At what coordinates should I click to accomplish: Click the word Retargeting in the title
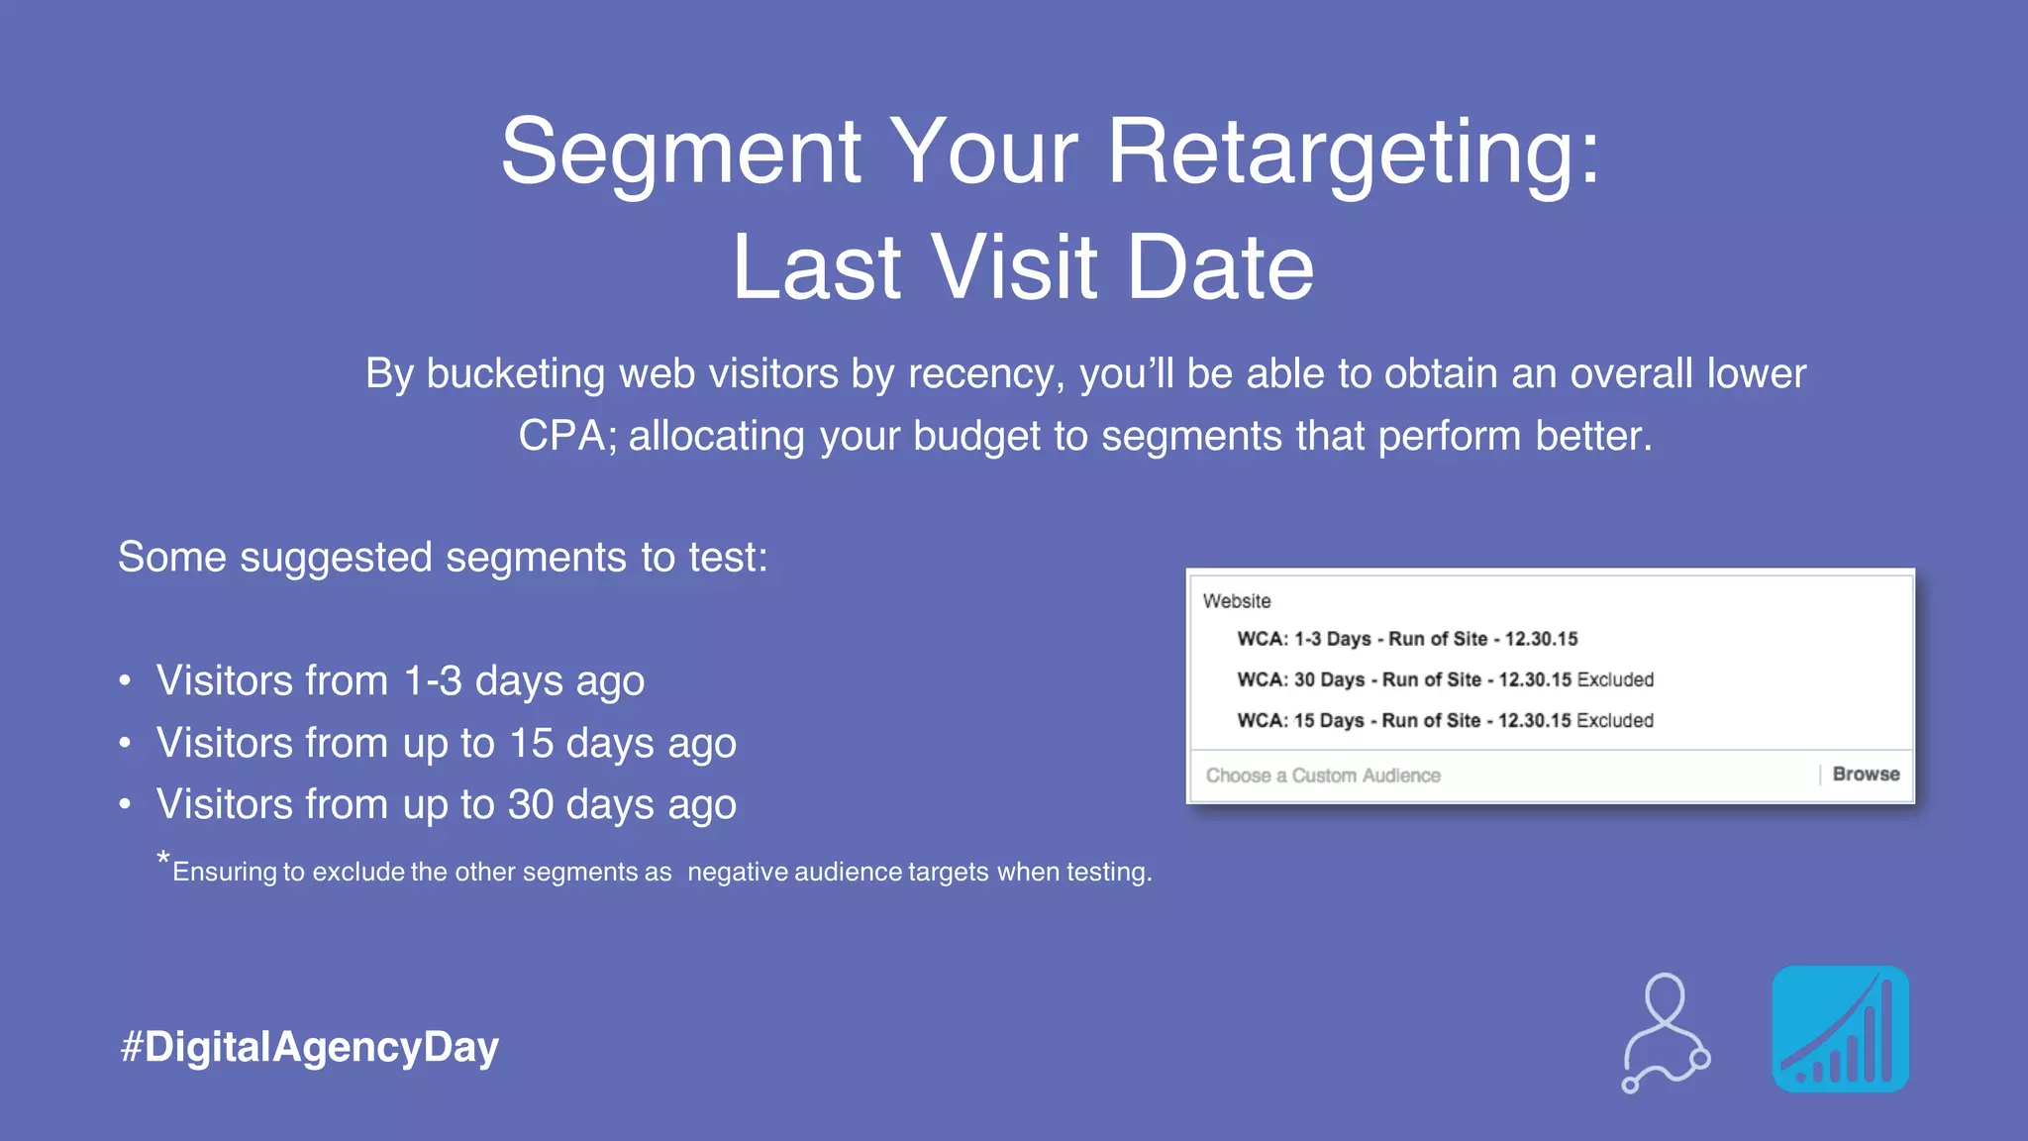[x=1353, y=154]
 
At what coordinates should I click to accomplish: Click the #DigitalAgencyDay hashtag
[x=309, y=1047]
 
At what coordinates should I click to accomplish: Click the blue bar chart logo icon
[x=1840, y=1029]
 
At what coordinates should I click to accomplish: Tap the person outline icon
[x=1666, y=1032]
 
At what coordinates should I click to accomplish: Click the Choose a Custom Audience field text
[x=1323, y=776]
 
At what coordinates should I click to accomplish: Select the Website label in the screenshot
[x=1237, y=601]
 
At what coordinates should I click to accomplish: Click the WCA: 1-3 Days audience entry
[x=1406, y=639]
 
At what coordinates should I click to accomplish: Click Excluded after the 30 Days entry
[x=1615, y=679]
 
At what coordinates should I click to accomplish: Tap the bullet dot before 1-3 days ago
[x=125, y=681]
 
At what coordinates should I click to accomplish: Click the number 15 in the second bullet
[x=531, y=744]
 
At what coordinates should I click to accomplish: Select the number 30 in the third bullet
[x=531, y=805]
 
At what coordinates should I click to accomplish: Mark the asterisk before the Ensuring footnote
[x=163, y=858]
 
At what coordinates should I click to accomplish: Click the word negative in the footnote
[x=737, y=872]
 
